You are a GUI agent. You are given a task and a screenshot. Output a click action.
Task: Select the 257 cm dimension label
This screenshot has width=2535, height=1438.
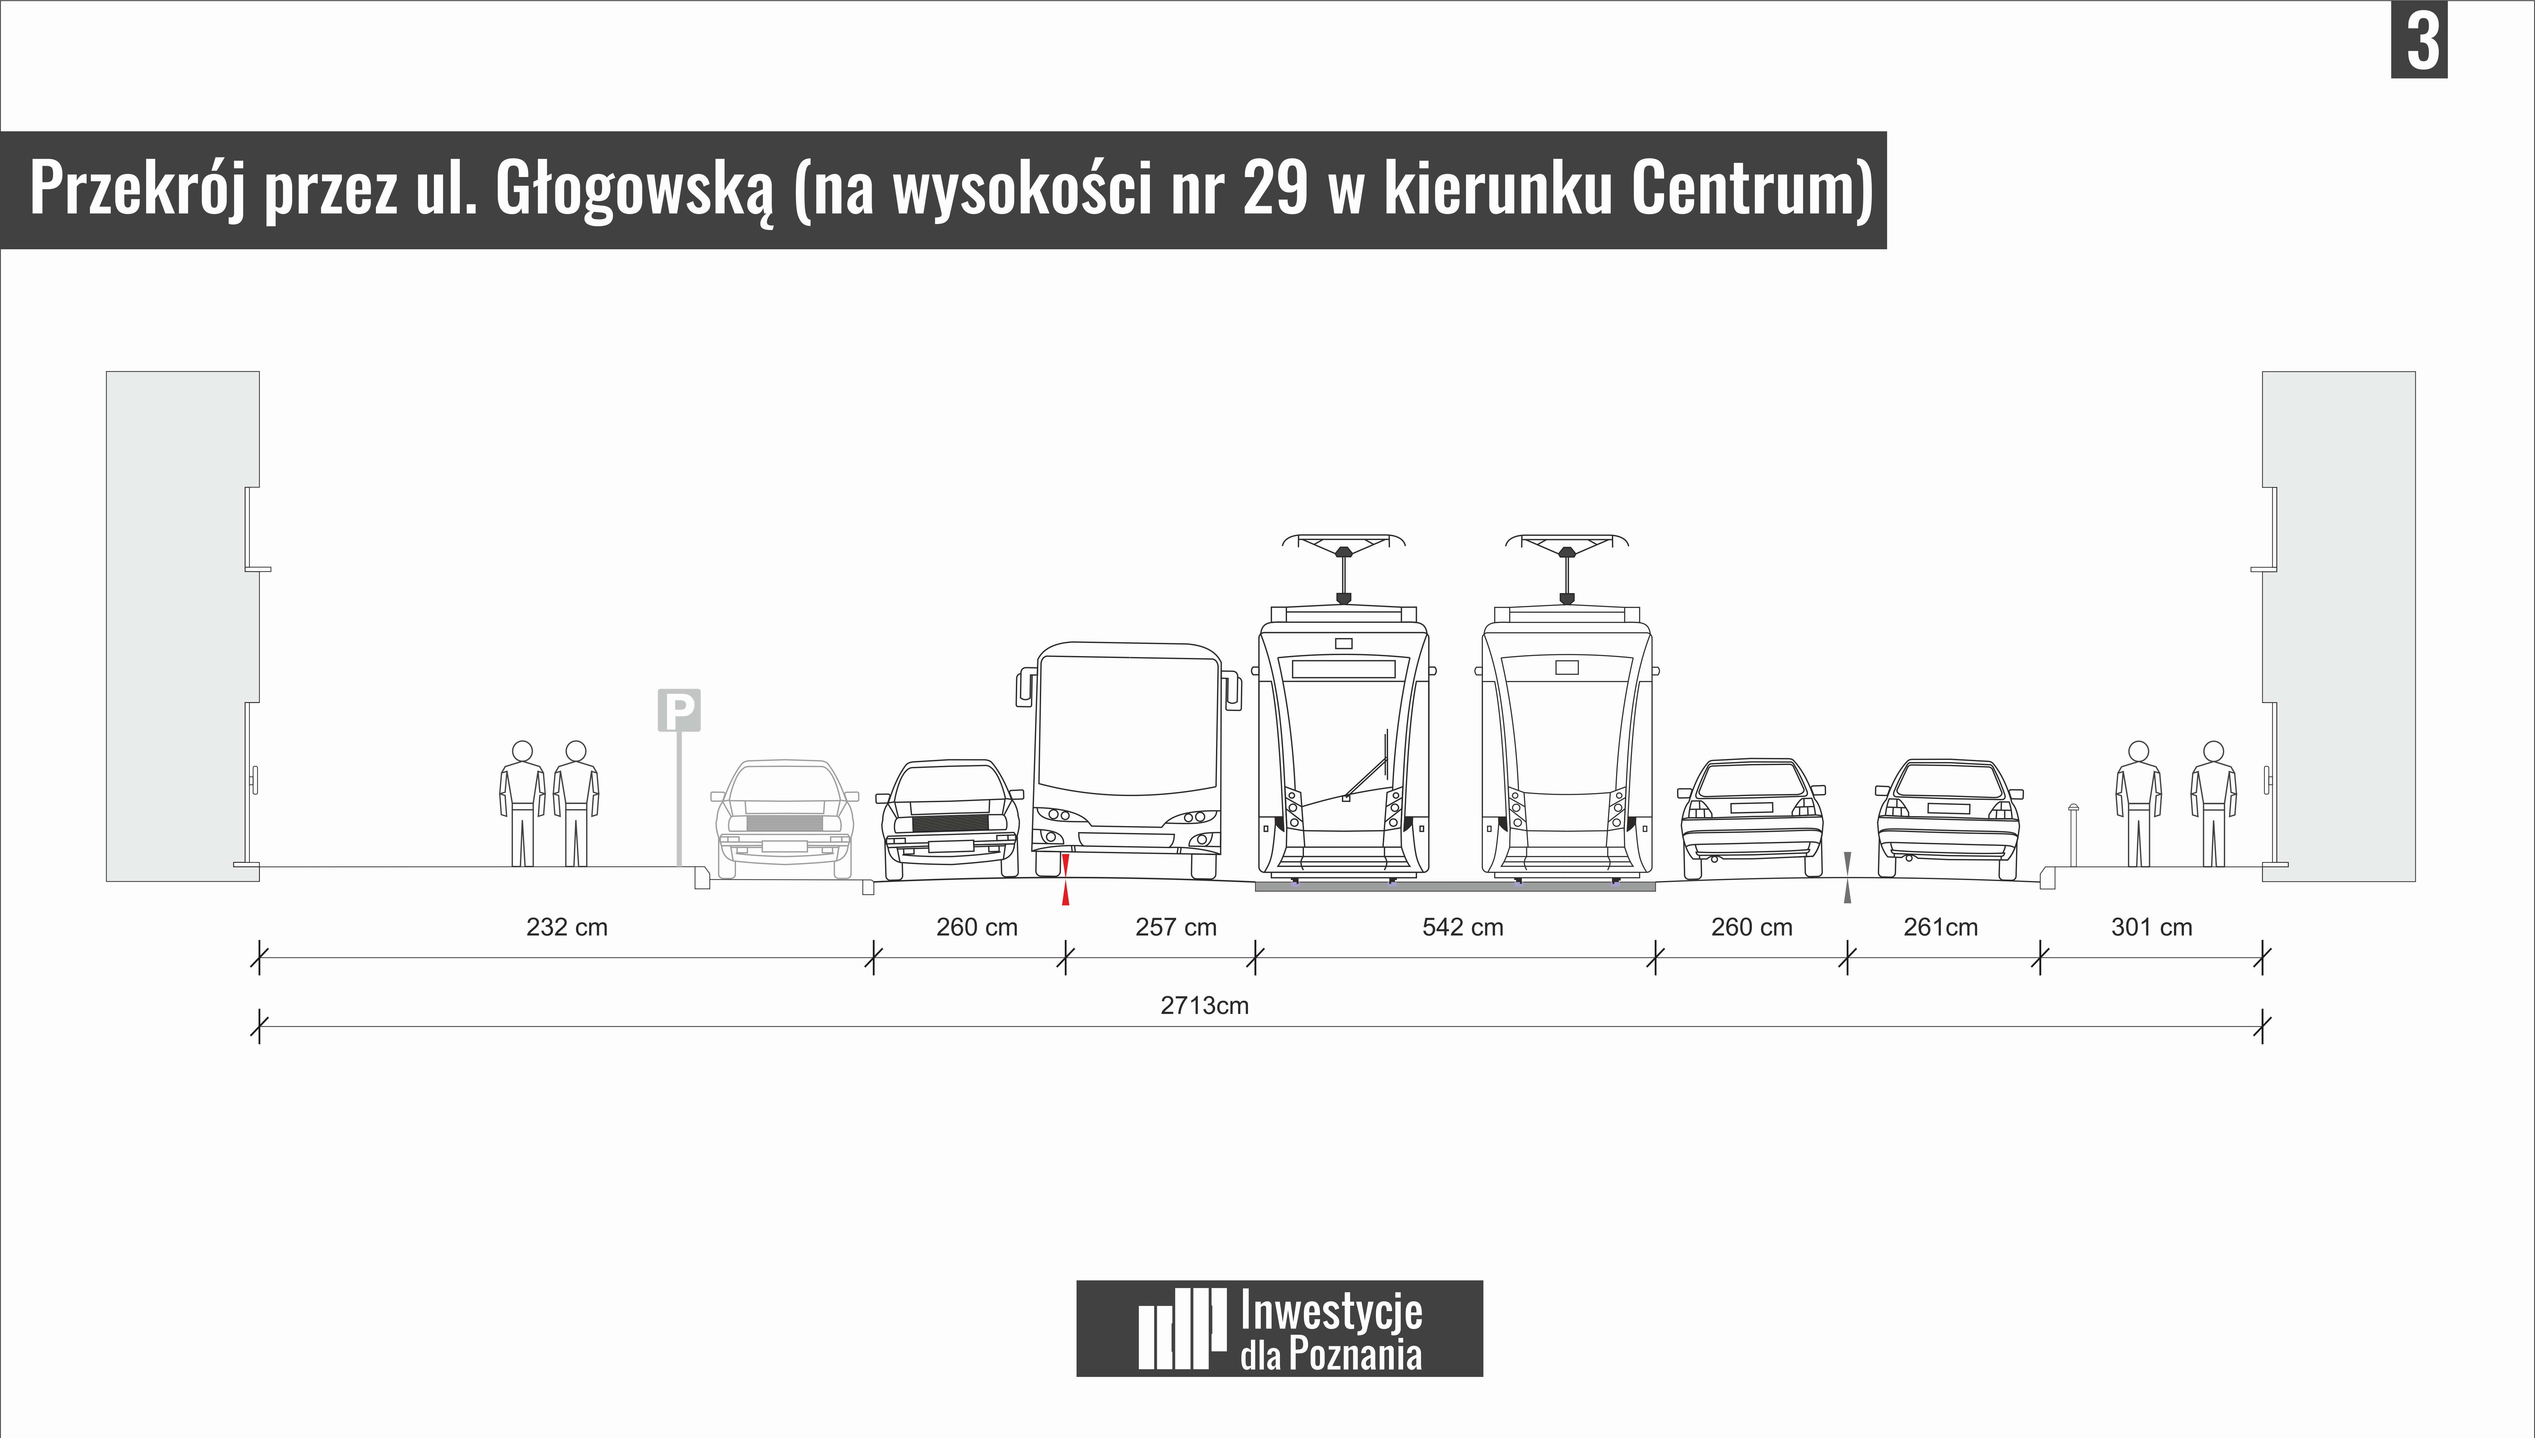1176,927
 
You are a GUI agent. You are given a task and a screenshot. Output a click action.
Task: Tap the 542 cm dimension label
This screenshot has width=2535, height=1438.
1462,927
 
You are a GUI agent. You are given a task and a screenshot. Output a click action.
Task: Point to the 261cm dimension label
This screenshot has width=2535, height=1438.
1940,927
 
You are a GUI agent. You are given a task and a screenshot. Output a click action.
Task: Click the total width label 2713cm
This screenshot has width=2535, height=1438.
1204,1005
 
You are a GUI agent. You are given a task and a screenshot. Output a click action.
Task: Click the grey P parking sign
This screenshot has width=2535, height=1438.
679,710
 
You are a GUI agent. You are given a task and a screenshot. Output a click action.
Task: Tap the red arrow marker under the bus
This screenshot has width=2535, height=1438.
1065,880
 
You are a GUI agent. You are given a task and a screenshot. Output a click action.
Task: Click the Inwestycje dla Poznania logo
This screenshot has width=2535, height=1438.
1279,1328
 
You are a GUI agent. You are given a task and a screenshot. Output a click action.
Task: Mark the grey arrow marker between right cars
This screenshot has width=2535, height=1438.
1848,877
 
